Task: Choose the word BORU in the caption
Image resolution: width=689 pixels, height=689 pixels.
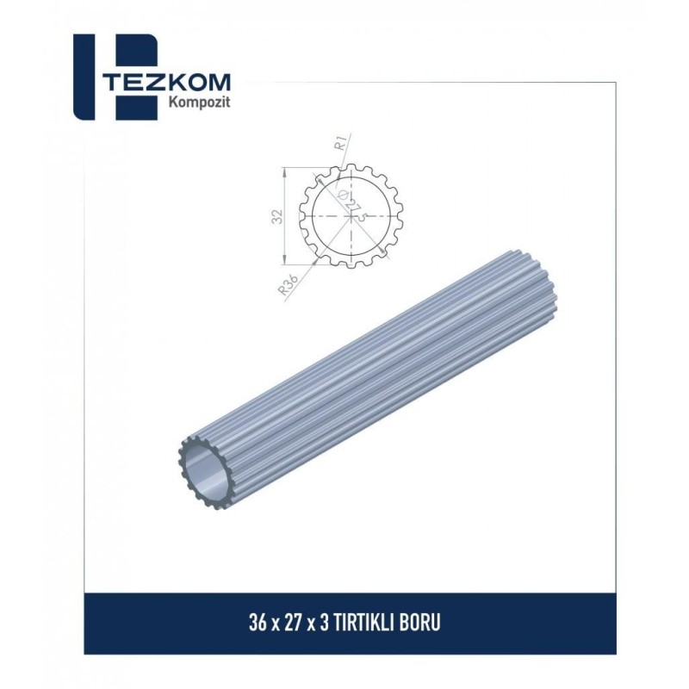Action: click(x=423, y=623)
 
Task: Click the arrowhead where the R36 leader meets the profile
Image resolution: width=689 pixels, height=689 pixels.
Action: click(x=316, y=256)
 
